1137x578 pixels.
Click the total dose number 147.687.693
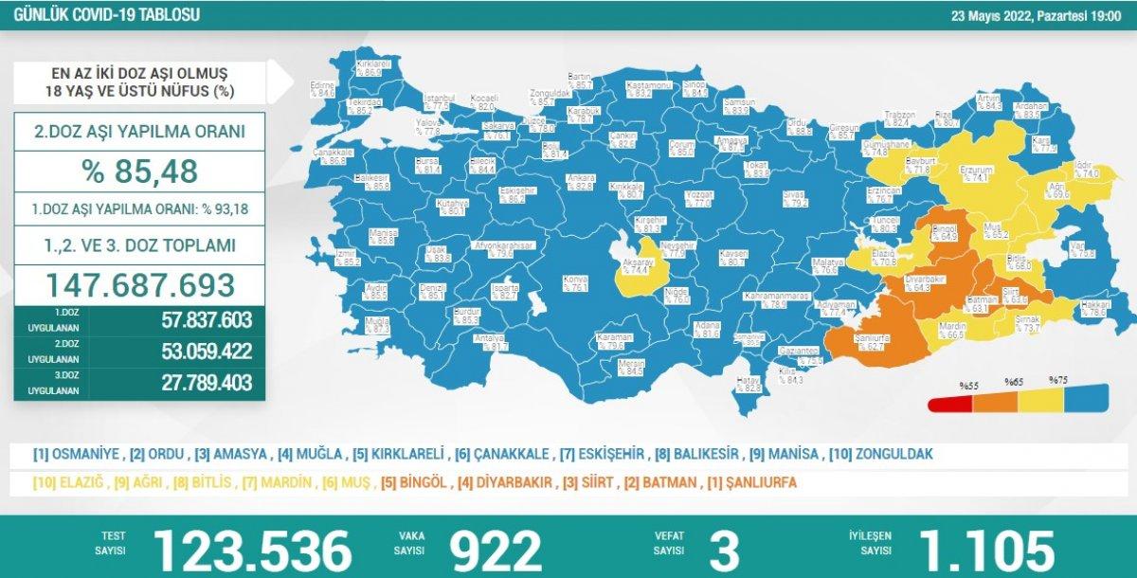point(140,284)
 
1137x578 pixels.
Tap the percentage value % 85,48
point(140,171)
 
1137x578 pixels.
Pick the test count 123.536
point(252,550)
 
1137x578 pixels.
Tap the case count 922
point(495,550)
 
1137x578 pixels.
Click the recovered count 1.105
point(985,550)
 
